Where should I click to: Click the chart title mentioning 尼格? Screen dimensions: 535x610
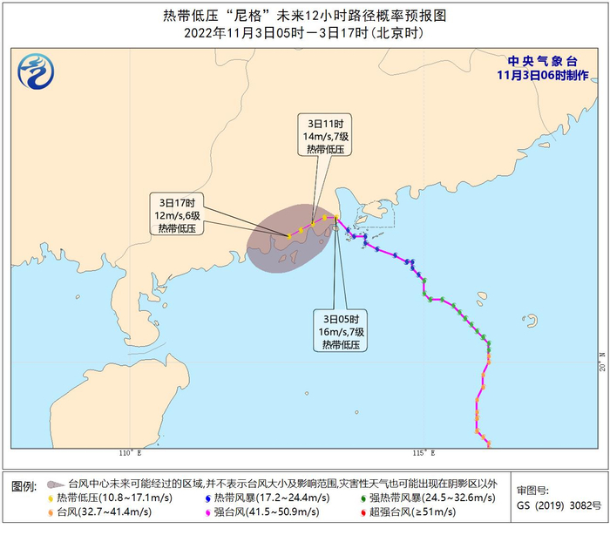point(305,16)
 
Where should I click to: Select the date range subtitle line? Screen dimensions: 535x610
point(305,33)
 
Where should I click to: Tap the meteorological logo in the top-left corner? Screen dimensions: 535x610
point(36,67)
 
